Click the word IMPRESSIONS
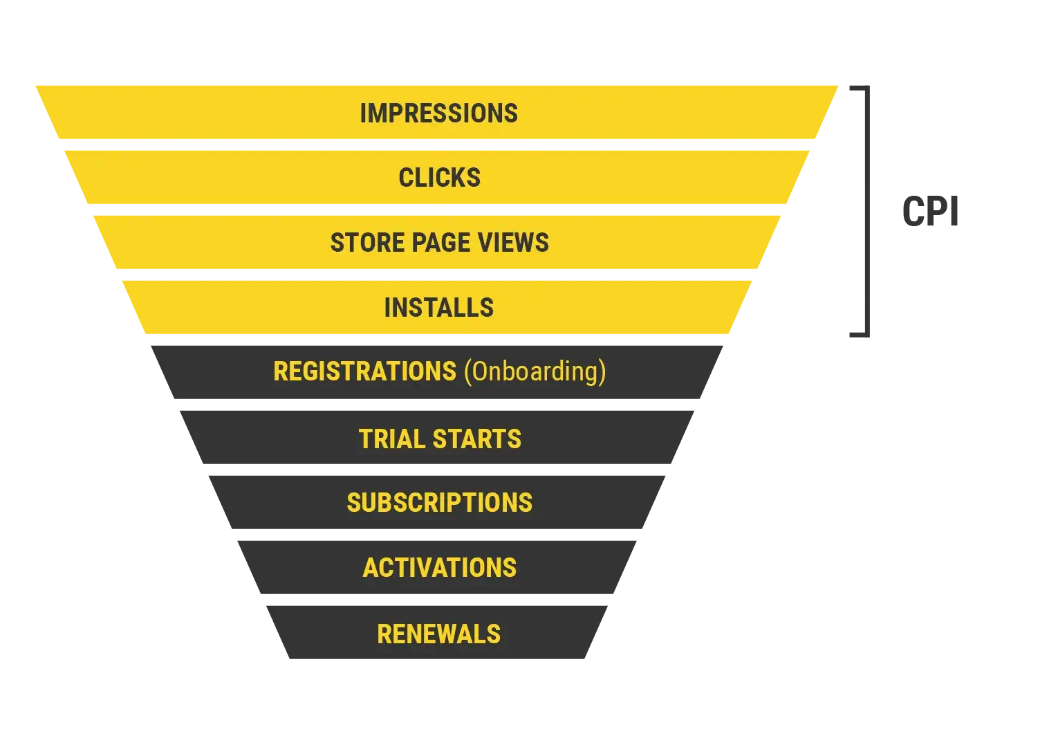(438, 113)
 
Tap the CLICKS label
(439, 178)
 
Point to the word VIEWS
(514, 243)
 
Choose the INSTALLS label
(438, 308)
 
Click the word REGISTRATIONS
(364, 371)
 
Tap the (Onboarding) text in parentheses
(535, 371)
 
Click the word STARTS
(477, 439)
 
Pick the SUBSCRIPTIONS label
(439, 503)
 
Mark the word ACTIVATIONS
(439, 568)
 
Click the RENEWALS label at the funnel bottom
(438, 634)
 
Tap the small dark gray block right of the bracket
(931, 210)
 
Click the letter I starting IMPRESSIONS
(363, 113)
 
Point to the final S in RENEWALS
(494, 634)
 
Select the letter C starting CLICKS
(405, 178)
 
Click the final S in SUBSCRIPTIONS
(526, 503)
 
